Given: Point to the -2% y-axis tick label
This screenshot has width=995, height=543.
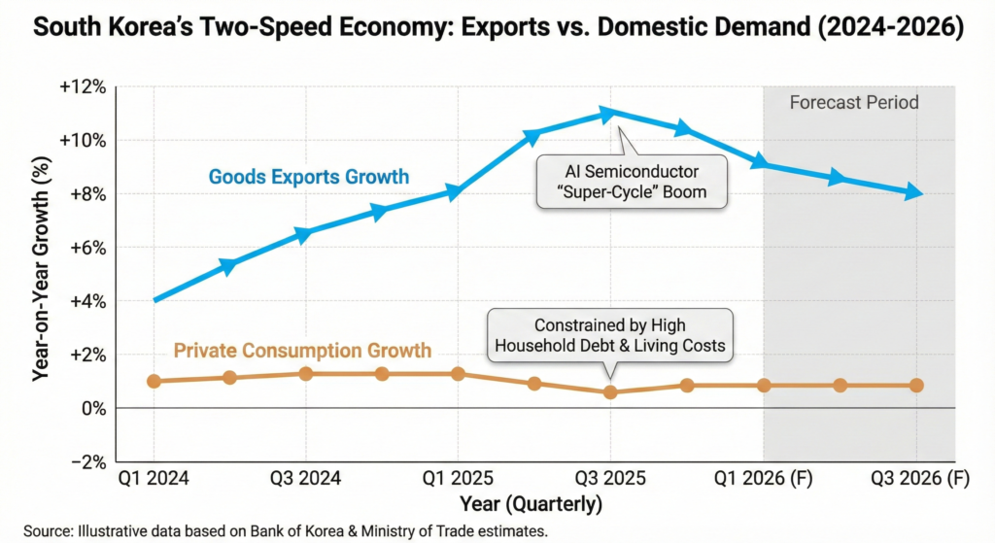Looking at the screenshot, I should click(88, 462).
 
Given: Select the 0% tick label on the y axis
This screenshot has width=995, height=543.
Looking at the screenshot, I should click(93, 409).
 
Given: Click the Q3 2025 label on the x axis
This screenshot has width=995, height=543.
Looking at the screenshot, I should click(610, 478).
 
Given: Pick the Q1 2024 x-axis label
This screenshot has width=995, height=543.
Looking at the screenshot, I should click(153, 478).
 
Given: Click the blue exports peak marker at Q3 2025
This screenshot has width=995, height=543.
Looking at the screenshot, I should click(609, 114).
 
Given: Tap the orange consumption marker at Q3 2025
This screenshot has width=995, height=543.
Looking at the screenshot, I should click(610, 392).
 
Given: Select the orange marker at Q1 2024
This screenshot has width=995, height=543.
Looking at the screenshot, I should click(154, 381).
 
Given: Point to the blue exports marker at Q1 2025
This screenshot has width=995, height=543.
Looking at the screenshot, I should click(458, 191).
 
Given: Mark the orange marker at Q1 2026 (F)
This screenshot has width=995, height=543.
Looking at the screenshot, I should click(764, 386).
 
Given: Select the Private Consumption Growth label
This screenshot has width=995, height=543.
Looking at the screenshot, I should click(302, 350).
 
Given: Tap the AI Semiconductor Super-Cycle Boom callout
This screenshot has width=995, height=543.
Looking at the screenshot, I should click(632, 182).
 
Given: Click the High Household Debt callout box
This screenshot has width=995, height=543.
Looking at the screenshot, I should click(610, 336).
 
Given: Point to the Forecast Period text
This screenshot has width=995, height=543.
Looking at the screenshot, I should click(854, 102).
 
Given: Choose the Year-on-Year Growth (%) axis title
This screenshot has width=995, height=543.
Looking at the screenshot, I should click(41, 273).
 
